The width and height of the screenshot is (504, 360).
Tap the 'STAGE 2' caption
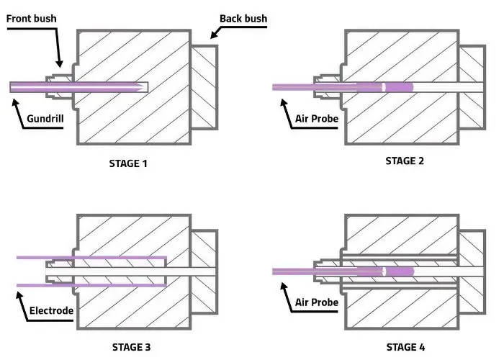pyautogui.click(x=405, y=161)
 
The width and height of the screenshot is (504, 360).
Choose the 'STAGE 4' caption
pyautogui.click(x=406, y=346)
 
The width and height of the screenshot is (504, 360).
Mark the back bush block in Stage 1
pyautogui.click(x=206, y=86)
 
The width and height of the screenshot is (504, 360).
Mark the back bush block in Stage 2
pyautogui.click(x=471, y=86)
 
